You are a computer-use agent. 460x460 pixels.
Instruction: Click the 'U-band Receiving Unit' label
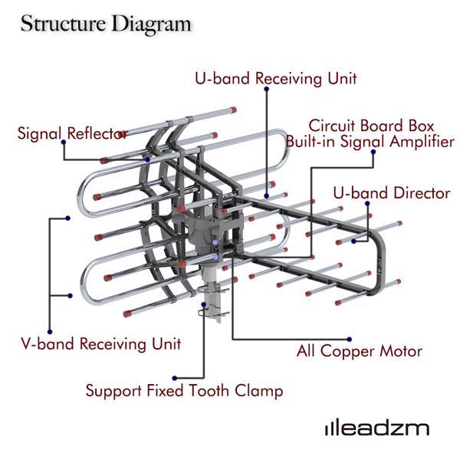(x=275, y=78)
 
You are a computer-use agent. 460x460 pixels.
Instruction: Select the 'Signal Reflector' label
(x=72, y=133)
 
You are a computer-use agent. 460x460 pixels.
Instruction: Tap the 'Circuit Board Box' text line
(x=371, y=126)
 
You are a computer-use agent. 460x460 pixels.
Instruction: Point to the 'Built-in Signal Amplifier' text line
(x=370, y=142)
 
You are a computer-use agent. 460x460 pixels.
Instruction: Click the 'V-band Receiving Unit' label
(x=100, y=343)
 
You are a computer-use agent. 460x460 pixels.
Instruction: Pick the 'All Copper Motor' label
(x=360, y=352)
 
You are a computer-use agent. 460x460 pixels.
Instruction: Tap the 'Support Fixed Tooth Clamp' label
(x=184, y=391)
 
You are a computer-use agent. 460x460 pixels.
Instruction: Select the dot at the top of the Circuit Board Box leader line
(x=373, y=152)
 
